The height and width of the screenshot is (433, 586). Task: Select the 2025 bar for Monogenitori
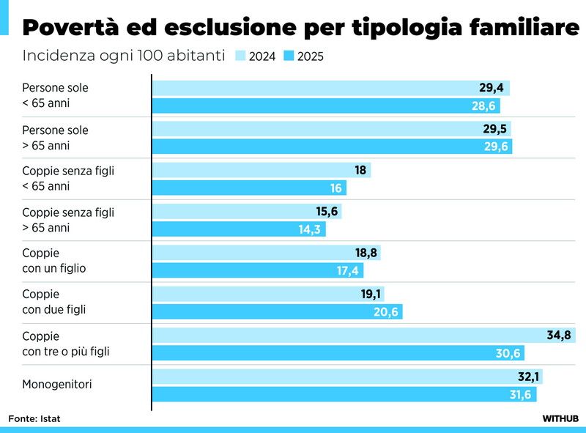(344, 395)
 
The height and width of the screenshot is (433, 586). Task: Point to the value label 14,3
(308, 229)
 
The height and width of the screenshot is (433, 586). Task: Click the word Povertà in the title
(70, 29)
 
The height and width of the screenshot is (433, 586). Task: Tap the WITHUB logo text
(560, 418)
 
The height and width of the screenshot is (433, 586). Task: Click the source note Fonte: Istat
(34, 418)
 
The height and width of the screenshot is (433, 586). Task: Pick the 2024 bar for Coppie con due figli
(268, 295)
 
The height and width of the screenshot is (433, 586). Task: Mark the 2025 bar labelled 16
(249, 188)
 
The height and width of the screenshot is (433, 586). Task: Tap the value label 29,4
(492, 88)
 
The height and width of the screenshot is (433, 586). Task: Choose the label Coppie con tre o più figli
(65, 344)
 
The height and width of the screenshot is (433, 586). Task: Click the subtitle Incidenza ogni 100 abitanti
(123, 56)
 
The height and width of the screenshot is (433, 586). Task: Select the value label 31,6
(519, 395)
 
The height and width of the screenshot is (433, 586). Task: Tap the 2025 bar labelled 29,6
(332, 147)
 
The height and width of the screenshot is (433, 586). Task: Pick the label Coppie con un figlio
(53, 261)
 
